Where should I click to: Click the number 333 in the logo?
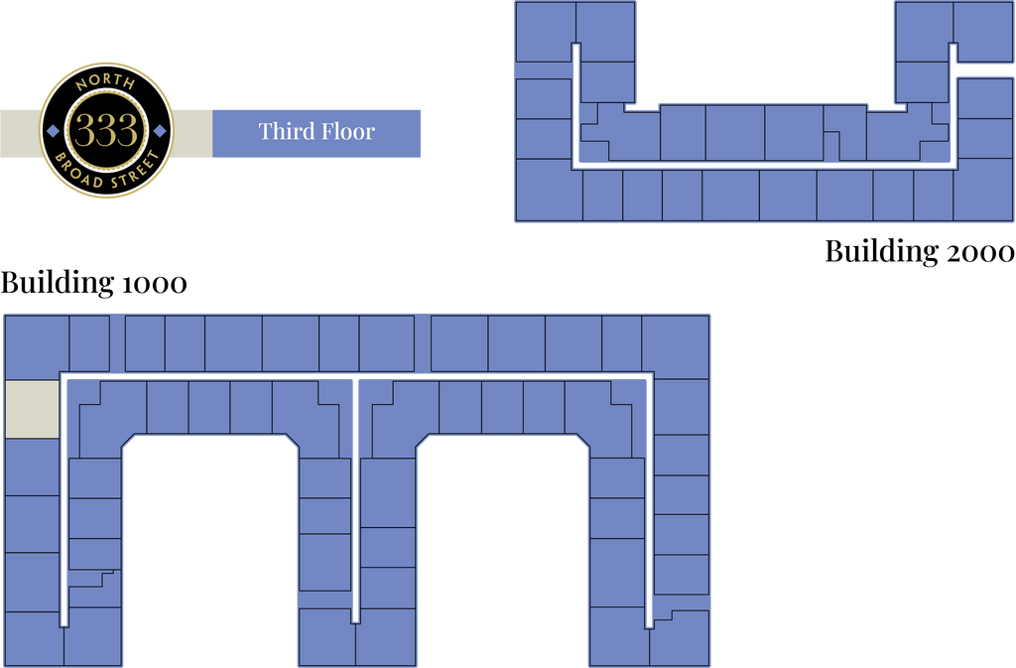coord(106,131)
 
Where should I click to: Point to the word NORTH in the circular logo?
coord(106,81)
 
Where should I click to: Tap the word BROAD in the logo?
coord(86,171)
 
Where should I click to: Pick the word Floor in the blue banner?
coord(347,131)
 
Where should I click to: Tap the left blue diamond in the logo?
coord(53,130)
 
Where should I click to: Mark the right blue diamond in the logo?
coord(160,130)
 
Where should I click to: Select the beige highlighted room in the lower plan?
coord(32,408)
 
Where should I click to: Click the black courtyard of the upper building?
coord(764,50)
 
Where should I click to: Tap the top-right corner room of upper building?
coord(982,33)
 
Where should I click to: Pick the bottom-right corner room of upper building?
coord(982,189)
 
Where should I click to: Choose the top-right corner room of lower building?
coord(675,345)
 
